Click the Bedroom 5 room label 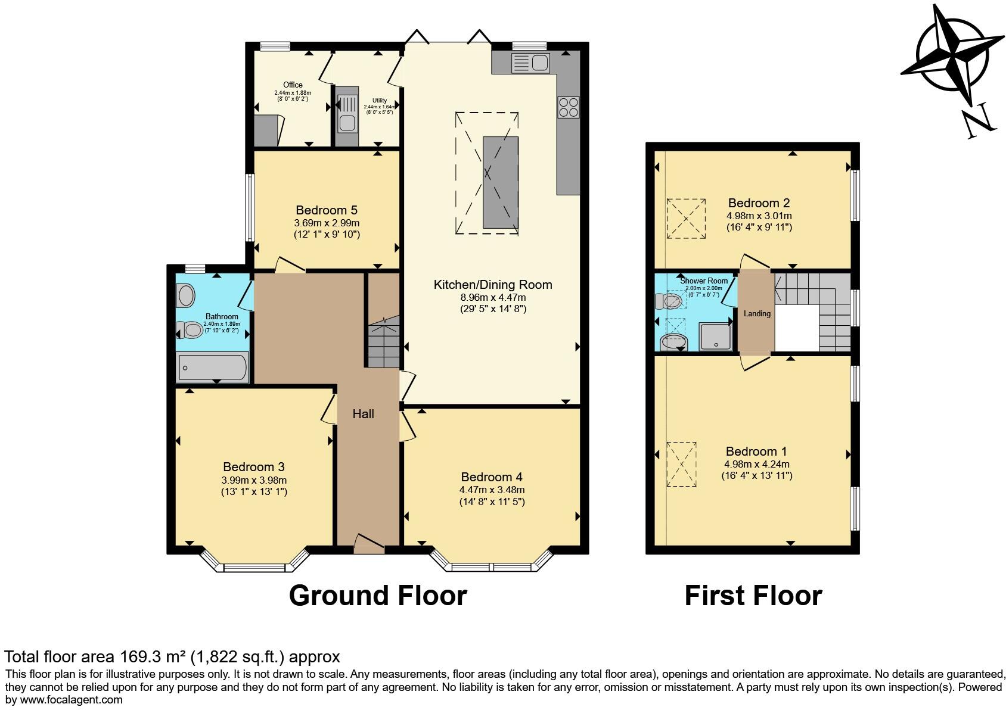326,210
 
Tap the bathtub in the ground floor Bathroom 212,368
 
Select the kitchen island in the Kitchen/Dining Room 500,182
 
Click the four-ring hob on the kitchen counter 568,107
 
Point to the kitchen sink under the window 530,63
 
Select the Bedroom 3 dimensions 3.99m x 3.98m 254,480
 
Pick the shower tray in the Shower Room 715,336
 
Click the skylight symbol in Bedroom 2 686,219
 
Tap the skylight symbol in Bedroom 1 681,465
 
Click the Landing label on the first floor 757,314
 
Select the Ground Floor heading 378,596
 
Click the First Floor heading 753,596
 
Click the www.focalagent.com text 71,699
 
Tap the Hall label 363,414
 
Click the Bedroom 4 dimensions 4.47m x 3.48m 492,490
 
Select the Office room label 293,85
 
